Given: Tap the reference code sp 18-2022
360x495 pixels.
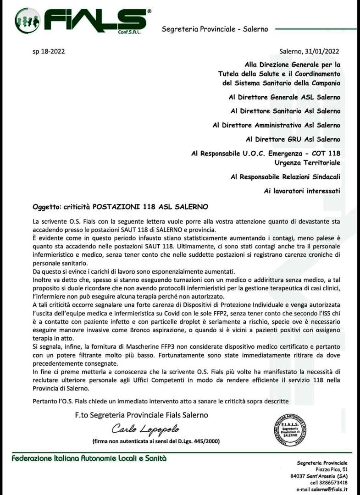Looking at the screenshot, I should tap(49, 52).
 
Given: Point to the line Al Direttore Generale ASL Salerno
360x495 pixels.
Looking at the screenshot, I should tap(284, 97).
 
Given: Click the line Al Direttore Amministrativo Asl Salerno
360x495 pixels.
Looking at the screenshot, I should tap(277, 125).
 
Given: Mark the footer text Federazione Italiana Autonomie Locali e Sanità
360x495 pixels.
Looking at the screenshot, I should tap(89, 458).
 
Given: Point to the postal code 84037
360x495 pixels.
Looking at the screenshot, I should tap(299, 476).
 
